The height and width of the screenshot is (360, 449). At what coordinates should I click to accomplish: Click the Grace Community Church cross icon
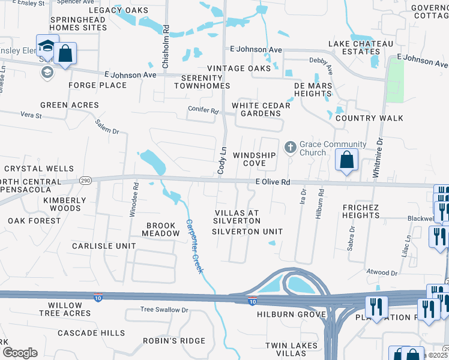click(x=290, y=147)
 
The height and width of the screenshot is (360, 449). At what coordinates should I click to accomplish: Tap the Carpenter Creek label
click(x=194, y=245)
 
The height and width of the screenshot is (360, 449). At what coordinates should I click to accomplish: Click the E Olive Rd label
click(x=273, y=182)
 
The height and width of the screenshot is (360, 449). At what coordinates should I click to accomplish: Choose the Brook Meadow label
click(x=160, y=229)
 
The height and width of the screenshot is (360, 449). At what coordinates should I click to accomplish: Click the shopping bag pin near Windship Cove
click(x=346, y=160)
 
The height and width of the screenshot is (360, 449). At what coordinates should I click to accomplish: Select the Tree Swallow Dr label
click(x=164, y=310)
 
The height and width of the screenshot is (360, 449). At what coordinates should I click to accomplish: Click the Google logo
click(x=19, y=353)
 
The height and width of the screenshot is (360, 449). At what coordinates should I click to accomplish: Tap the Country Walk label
click(x=369, y=118)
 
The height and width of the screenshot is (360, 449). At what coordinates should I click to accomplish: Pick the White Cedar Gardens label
click(x=261, y=110)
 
